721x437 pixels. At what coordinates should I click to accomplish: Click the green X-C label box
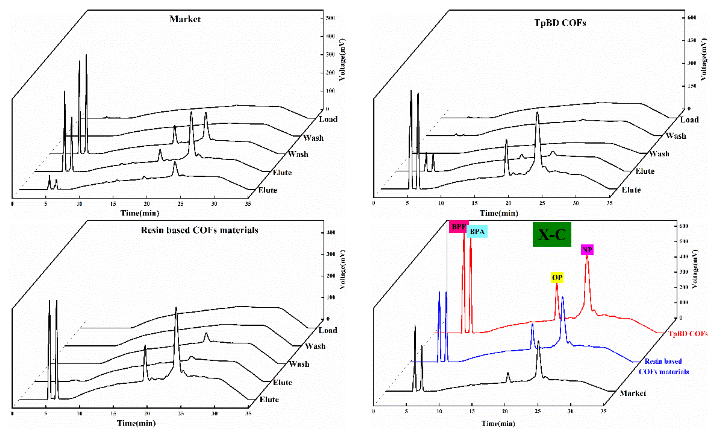coord(552,234)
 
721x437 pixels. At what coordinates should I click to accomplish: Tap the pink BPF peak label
coord(459,227)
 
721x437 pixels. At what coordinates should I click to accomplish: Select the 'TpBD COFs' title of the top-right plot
coord(560,23)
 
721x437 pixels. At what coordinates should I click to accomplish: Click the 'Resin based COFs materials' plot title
coord(199,230)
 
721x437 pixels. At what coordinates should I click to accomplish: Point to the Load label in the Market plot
coord(328,119)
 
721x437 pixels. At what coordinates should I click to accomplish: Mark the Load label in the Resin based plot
coord(328,330)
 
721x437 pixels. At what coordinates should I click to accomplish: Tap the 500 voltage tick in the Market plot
coord(330,18)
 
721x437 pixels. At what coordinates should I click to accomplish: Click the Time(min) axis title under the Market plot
coord(140,213)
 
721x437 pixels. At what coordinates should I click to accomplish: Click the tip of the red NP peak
coord(587,256)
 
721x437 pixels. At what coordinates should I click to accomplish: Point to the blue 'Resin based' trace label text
coord(663,361)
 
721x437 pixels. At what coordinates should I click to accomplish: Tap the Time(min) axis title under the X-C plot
coord(498,424)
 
